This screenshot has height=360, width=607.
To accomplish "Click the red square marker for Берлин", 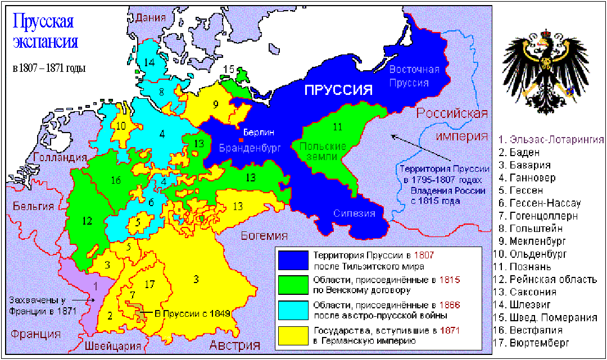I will pos(241,139).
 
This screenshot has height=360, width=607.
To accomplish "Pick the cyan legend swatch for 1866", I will pos(293,310).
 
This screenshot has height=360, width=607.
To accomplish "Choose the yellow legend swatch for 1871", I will pos(293,335).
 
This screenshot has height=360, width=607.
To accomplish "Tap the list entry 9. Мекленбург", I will pos(534,241).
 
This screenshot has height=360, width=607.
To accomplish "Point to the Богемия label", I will pos(264,235).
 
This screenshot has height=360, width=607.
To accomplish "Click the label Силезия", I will pos(354,213).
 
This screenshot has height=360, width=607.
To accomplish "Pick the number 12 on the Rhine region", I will pos(87,220).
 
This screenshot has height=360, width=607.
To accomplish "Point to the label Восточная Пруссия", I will pos(414,76).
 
